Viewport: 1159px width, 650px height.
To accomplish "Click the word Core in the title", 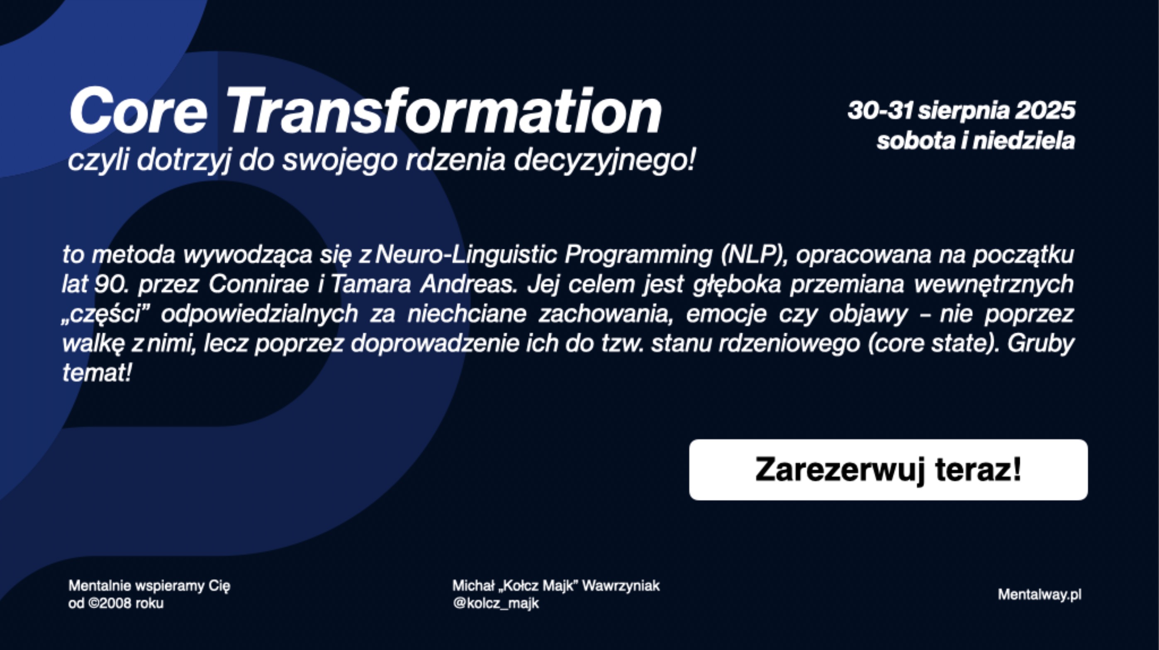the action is (x=138, y=111).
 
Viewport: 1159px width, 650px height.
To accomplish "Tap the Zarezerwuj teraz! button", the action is (x=888, y=470).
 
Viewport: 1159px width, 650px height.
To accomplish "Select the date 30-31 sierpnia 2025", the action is (x=962, y=111).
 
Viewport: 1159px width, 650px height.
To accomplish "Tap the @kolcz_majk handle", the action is (x=496, y=603).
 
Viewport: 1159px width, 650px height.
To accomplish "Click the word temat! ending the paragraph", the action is (x=97, y=373).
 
